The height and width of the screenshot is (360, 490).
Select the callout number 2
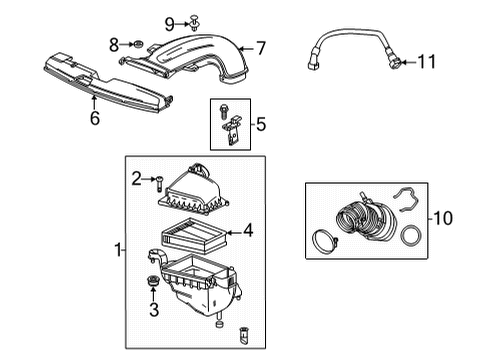135,179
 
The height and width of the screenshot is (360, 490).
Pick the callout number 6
94,117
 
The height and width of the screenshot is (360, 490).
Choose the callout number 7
260,47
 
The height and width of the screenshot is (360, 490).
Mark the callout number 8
114,43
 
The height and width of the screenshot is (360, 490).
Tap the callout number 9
170,22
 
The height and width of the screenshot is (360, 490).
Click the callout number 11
427,62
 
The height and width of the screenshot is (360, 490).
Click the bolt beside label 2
157,180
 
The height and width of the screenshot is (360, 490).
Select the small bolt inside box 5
221,111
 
